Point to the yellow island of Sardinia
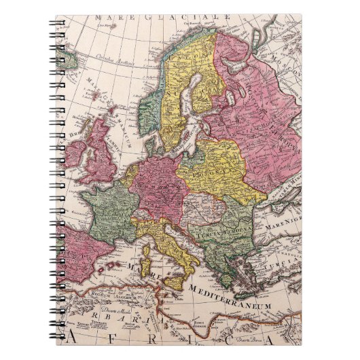pyautogui.click(x=144, y=262)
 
